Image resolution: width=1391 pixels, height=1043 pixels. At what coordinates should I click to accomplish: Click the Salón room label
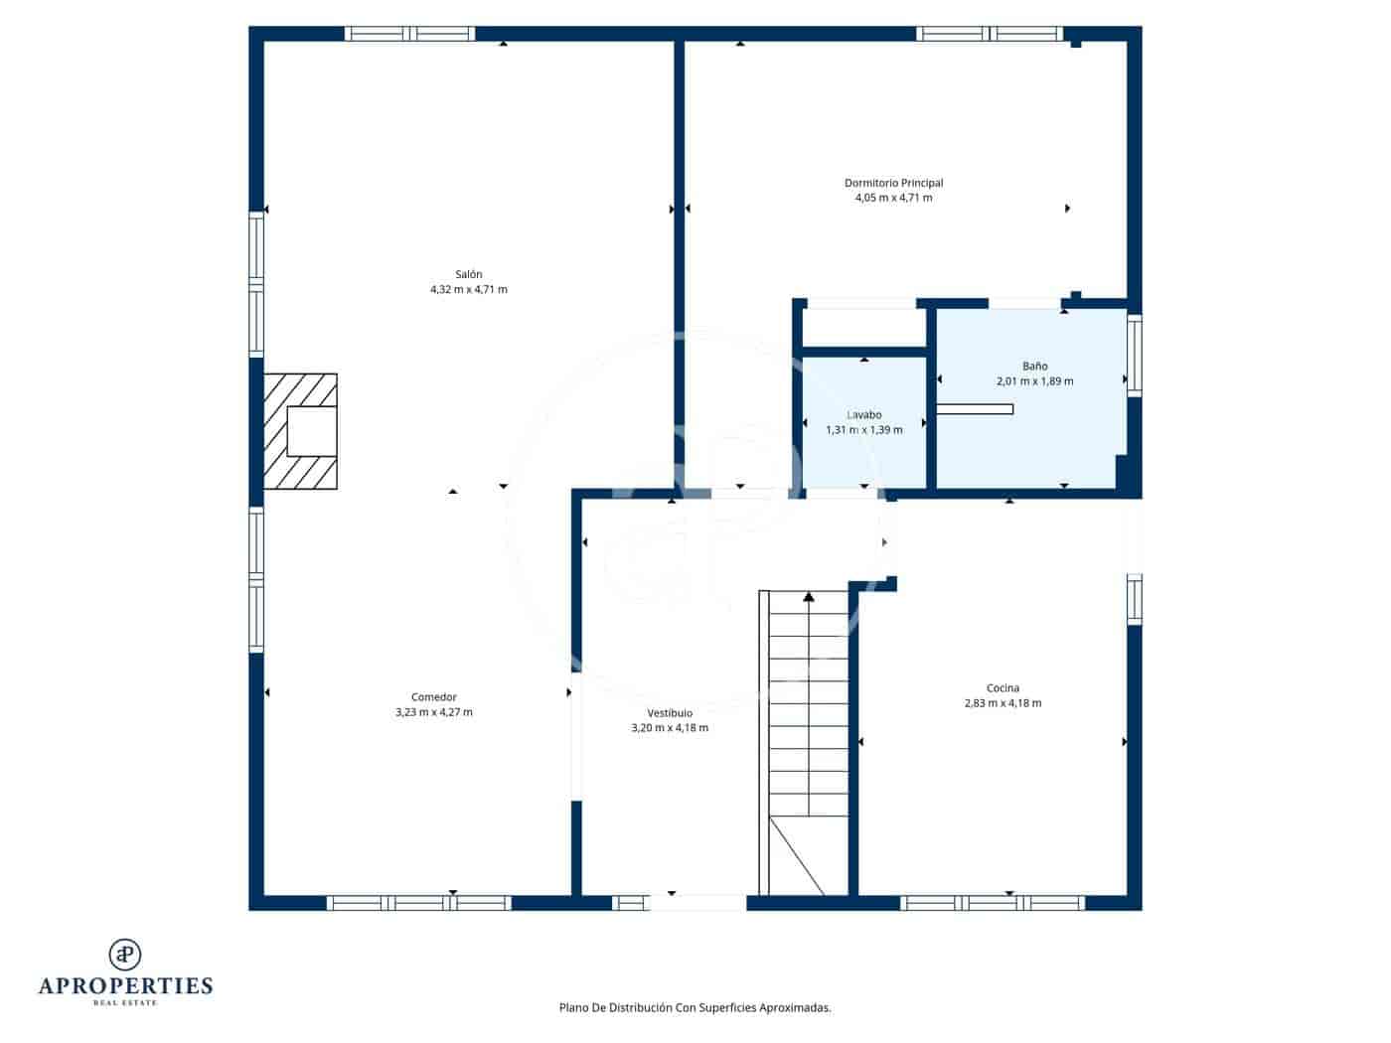click(468, 274)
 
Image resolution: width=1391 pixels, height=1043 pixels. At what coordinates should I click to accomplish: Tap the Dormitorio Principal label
click(893, 183)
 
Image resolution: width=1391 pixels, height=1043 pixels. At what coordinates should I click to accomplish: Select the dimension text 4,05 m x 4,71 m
click(893, 198)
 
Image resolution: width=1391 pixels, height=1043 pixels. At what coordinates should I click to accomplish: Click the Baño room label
click(1034, 366)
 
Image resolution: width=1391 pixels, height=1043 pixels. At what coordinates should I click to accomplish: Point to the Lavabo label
click(863, 415)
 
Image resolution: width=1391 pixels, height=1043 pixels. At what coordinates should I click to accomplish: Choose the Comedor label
click(433, 697)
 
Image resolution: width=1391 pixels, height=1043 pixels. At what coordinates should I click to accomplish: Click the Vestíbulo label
click(670, 713)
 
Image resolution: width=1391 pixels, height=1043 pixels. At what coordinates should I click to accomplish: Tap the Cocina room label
click(1003, 688)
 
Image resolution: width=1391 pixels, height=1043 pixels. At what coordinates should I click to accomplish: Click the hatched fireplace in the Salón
click(300, 431)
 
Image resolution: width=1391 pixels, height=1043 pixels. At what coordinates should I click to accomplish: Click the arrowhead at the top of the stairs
click(809, 597)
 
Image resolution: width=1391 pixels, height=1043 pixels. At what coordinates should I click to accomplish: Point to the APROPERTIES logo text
click(125, 985)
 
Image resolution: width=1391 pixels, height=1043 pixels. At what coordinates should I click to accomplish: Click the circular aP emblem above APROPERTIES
click(125, 954)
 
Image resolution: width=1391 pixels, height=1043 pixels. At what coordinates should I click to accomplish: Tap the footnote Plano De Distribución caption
click(695, 1007)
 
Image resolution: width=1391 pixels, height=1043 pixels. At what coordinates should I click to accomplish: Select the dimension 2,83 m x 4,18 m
click(1003, 703)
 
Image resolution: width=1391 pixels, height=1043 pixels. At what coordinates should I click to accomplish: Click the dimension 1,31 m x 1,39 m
click(863, 430)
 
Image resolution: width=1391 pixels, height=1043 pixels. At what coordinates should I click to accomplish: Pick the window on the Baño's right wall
click(1134, 355)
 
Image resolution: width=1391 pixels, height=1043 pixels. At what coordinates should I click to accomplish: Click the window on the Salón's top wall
click(409, 34)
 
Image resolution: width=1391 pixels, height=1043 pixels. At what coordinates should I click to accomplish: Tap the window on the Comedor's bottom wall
click(418, 903)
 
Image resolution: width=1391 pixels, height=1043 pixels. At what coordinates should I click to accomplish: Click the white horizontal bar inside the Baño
click(975, 409)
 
